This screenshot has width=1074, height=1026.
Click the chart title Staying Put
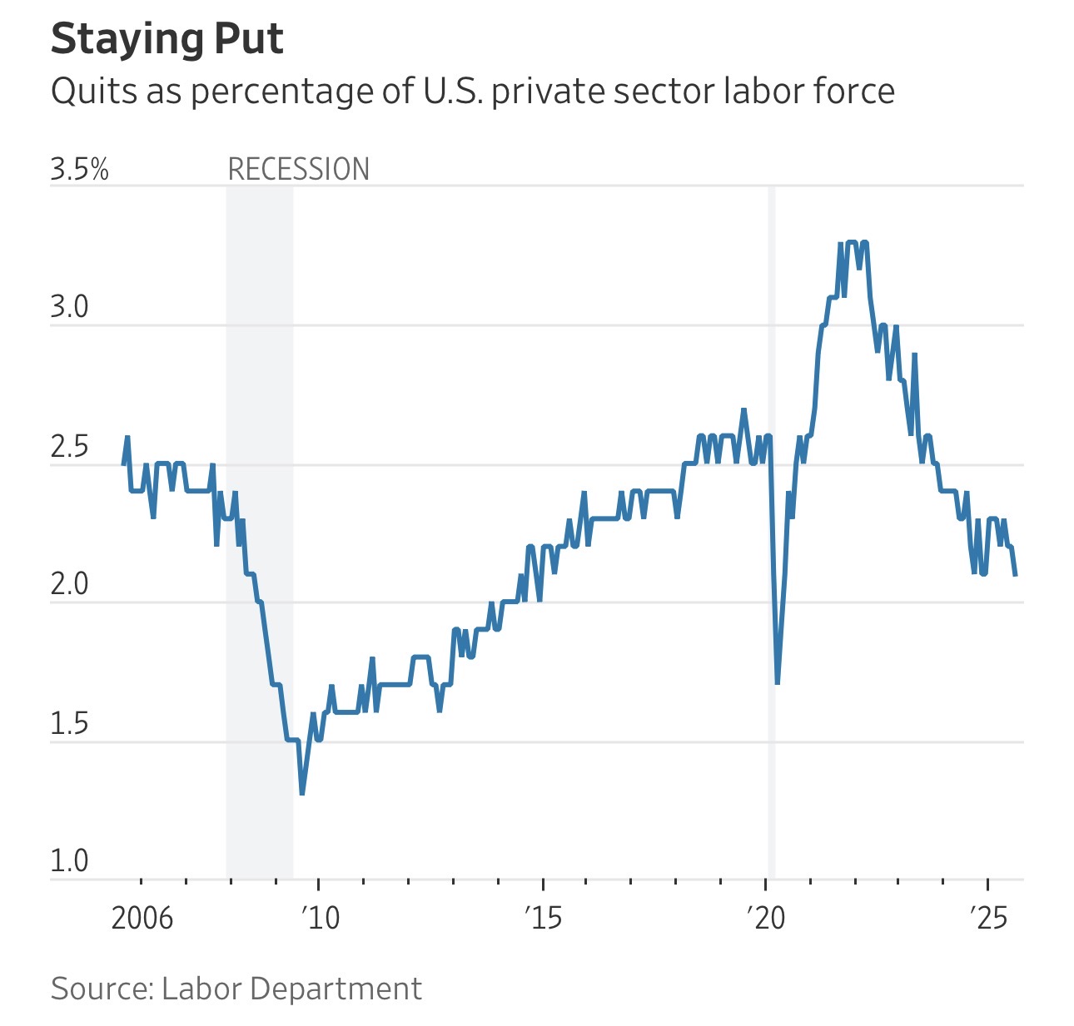167,39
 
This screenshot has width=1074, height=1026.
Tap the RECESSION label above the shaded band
298,170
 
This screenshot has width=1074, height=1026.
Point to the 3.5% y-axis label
79,170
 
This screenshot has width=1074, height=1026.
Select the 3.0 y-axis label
69,308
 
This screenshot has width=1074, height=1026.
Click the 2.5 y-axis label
69,447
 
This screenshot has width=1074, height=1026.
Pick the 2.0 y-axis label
69,585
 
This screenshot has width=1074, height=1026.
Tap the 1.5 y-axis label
69,724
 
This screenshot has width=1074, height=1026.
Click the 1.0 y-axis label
69,861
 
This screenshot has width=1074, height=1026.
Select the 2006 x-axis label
142,918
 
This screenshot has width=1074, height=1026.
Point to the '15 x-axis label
543,918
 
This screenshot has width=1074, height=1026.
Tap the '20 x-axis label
766,918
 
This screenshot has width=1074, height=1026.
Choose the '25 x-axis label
988,918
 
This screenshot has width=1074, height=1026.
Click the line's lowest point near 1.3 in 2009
301,793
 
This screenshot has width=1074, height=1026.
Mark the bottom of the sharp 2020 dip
777,682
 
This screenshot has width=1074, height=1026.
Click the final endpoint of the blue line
1015,574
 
